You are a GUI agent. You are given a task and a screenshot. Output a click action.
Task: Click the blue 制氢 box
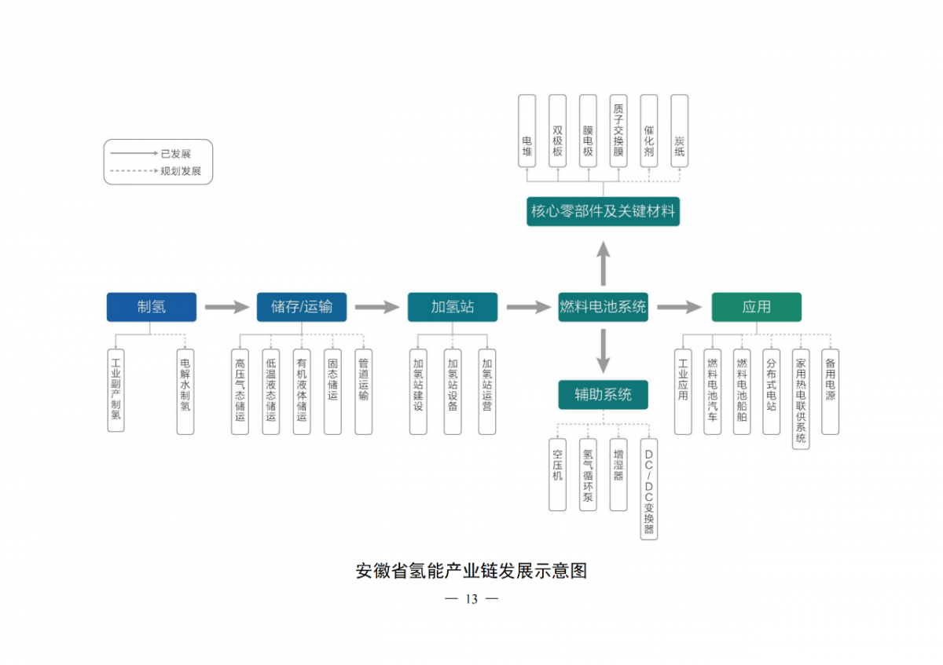tap(152, 307)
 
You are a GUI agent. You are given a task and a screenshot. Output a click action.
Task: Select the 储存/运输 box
tap(302, 307)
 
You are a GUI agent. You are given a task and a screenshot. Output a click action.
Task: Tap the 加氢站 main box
tap(453, 307)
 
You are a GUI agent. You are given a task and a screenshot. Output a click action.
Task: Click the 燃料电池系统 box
tap(604, 307)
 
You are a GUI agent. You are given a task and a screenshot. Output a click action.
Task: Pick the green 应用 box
tap(757, 307)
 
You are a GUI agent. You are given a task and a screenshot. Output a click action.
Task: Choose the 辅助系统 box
tap(604, 395)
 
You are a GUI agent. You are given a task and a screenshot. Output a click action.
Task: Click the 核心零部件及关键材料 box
tap(604, 211)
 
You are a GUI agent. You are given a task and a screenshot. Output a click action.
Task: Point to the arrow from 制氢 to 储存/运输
tap(227, 307)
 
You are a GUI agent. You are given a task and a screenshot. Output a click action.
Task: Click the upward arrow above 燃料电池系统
tap(604, 264)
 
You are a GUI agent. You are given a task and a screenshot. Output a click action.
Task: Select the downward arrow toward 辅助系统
tap(604, 351)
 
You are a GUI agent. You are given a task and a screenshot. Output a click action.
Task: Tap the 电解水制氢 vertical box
tap(185, 392)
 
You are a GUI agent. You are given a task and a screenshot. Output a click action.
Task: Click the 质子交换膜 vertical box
tap(618, 131)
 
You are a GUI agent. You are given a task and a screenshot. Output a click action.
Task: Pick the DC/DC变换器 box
tap(649, 489)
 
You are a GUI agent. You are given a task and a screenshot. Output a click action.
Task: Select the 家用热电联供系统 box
tap(801, 399)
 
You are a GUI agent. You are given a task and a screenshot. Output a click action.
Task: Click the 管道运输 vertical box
tap(363, 392)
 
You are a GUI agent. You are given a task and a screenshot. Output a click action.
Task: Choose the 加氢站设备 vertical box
tap(453, 392)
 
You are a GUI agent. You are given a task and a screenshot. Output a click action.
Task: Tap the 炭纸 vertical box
tap(680, 131)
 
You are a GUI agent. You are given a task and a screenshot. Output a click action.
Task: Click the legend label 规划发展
tap(181, 171)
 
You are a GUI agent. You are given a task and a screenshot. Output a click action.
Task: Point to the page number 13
tap(472, 599)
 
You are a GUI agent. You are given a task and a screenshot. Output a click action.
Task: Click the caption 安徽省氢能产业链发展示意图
tap(472, 571)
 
